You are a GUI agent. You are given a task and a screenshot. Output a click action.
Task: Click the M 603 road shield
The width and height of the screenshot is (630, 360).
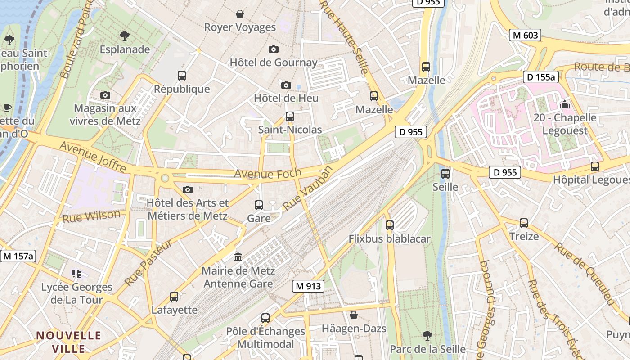click(x=525, y=35)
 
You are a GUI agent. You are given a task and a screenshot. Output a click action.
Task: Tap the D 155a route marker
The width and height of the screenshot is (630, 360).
click(x=540, y=77)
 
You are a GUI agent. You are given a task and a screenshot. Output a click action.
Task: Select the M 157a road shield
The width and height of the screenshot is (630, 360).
click(x=18, y=256)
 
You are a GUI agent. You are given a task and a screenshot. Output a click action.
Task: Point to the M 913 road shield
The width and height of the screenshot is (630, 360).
click(x=308, y=286)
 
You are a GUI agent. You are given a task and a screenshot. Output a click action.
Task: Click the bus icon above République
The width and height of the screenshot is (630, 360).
click(x=182, y=76)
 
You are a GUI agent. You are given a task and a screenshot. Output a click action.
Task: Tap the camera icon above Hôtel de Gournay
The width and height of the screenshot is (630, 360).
click(x=273, y=49)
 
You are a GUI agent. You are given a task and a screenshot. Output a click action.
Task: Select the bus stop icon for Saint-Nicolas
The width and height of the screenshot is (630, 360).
click(x=290, y=117)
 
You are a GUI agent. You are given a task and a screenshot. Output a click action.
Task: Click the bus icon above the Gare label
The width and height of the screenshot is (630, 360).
click(x=259, y=205)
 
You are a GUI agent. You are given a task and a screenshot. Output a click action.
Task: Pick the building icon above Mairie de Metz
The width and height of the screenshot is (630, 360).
click(x=238, y=257)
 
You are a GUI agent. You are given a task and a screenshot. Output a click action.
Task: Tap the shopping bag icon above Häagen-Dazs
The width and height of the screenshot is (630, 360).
click(x=354, y=315)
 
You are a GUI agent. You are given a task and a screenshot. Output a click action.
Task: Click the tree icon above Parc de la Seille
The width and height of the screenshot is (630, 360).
click(x=427, y=335)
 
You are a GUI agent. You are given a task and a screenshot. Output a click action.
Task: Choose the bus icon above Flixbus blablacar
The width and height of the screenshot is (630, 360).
click(x=390, y=225)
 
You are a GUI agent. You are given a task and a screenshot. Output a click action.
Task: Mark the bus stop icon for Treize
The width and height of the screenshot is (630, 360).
click(x=524, y=223)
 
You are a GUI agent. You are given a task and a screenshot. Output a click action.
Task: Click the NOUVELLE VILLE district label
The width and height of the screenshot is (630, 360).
click(x=68, y=342)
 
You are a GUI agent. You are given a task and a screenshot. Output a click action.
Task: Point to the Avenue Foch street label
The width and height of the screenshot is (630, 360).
click(x=261, y=173)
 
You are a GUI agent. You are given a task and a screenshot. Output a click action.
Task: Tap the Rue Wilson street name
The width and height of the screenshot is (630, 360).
click(x=91, y=216)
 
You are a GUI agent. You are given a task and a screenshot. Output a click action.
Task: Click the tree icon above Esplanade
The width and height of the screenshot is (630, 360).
click(x=125, y=36)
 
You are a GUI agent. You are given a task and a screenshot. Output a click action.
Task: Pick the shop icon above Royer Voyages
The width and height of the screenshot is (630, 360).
click(x=240, y=14)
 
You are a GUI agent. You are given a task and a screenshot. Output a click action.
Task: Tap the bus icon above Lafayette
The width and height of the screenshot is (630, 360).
click(x=174, y=297)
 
